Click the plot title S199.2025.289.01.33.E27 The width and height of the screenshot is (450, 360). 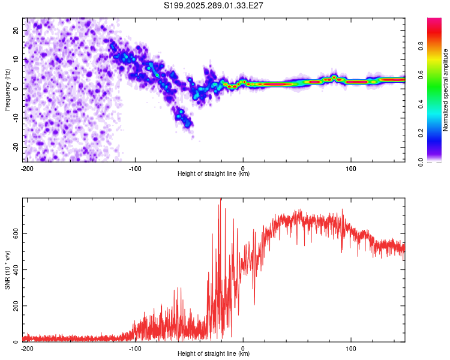pyautogui.click(x=214, y=5)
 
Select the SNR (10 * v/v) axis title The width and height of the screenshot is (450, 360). pyautogui.click(x=7, y=270)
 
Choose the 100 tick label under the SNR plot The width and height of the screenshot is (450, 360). pyautogui.click(x=351, y=348)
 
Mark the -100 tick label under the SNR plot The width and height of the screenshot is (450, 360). pyautogui.click(x=135, y=348)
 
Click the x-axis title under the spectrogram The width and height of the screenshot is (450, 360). pyautogui.click(x=214, y=174)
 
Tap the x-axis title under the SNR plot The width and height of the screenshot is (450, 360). pyautogui.click(x=214, y=354)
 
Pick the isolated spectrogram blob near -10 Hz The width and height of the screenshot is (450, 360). pyautogui.click(x=183, y=116)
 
